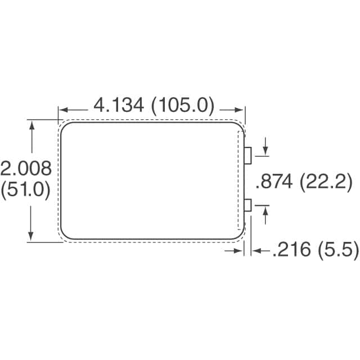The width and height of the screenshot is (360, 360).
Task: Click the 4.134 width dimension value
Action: [119, 105]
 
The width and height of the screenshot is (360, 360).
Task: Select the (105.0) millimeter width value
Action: [183, 106]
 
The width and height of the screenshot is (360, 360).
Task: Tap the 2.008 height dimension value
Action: [26, 169]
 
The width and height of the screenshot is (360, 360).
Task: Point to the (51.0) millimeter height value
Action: [25, 190]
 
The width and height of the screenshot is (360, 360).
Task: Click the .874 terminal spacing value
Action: [274, 181]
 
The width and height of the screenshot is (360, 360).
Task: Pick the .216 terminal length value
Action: [291, 249]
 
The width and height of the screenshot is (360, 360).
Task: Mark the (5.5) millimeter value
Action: [338, 250]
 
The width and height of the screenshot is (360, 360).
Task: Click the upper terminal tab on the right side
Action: [248, 156]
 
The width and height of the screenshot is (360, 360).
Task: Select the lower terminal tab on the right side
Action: [248, 205]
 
